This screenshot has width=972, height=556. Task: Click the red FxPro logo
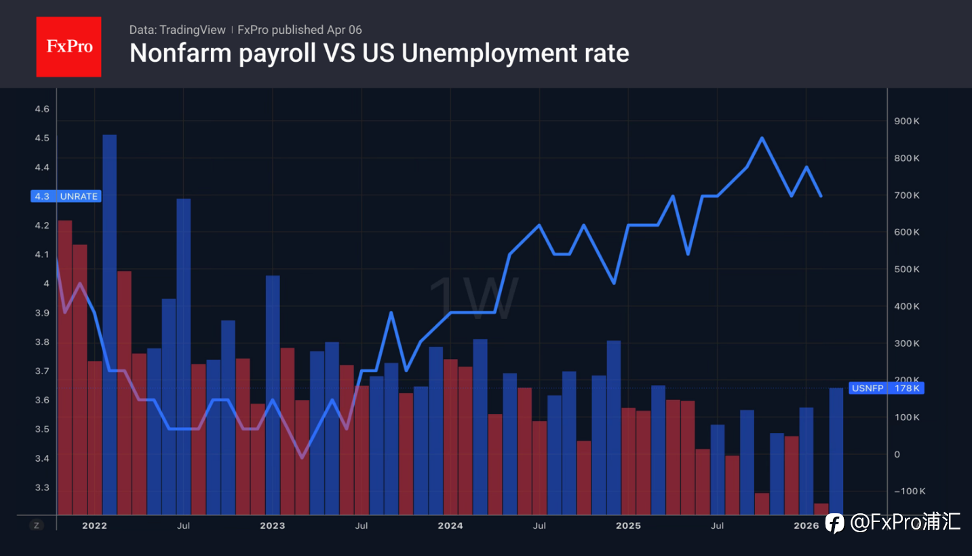(69, 47)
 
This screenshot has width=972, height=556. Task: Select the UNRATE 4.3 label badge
(66, 196)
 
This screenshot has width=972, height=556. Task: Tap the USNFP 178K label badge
(886, 388)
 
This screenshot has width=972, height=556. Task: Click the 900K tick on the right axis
(907, 122)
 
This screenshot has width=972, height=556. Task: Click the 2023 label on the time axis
(273, 525)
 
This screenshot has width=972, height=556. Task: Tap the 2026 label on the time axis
(806, 525)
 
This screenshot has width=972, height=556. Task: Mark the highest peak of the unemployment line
(762, 138)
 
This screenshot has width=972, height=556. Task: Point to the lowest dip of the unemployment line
(302, 457)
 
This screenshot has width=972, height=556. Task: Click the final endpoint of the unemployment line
(821, 196)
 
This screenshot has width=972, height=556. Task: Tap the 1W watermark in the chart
(473, 299)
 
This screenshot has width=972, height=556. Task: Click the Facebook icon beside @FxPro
(834, 522)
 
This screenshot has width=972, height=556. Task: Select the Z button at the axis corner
(37, 525)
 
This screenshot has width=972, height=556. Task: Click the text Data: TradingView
(178, 30)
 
